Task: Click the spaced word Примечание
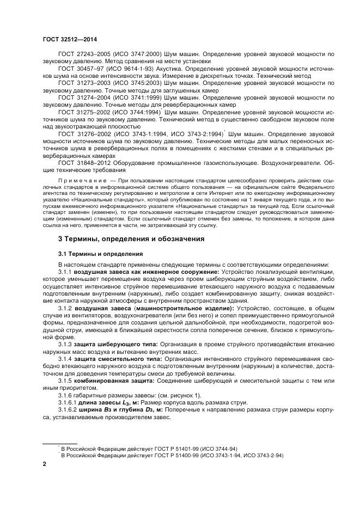tap(80, 179)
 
